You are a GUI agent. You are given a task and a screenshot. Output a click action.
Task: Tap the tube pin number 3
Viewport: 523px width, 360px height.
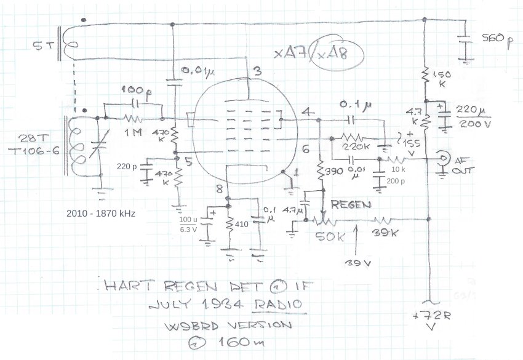[257, 73]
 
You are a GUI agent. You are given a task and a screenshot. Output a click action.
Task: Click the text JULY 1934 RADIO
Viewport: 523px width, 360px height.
[226, 304]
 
